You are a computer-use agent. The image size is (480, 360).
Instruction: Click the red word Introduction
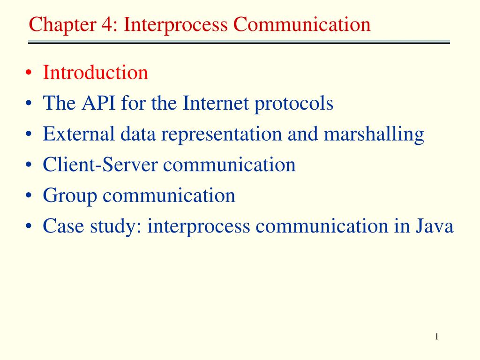95,73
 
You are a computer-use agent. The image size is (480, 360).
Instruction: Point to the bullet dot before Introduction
29,73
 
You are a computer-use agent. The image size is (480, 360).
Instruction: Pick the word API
98,103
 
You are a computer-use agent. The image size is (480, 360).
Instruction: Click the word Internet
216,103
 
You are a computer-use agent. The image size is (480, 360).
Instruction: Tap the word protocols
293,104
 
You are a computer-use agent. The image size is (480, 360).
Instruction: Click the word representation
221,135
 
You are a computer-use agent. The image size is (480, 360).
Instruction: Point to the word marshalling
374,135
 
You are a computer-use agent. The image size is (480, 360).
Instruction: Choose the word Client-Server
100,165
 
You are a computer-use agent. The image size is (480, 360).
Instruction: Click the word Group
70,196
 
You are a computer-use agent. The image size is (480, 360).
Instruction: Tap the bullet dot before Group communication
29,196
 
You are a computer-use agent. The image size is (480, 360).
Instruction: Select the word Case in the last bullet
63,226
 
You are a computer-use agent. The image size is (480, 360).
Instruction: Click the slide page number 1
436,337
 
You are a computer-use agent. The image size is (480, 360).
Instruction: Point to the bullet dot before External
29,135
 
